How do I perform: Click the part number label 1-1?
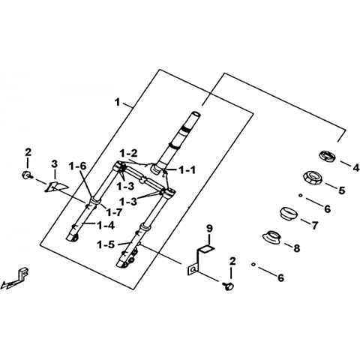click(187, 170)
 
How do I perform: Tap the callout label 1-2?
click(128, 154)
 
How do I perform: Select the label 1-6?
click(78, 166)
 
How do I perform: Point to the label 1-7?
click(113, 212)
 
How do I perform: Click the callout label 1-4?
click(106, 226)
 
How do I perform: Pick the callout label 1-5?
click(106, 245)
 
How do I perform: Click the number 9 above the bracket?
click(209, 229)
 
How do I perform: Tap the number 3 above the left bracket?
click(54, 164)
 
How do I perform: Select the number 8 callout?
click(296, 248)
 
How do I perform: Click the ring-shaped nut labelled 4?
click(328, 156)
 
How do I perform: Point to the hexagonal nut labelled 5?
click(312, 178)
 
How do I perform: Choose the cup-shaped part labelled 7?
click(287, 214)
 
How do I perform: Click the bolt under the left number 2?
click(27, 175)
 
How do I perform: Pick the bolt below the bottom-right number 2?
click(229, 286)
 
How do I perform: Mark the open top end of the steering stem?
click(196, 114)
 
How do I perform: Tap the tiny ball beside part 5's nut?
click(301, 196)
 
